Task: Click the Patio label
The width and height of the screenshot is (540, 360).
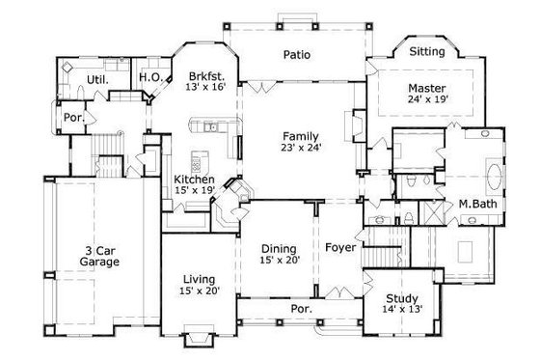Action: [x=296, y=56]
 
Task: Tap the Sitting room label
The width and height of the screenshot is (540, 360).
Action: [x=427, y=50]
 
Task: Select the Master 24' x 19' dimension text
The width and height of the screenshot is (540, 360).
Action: [x=428, y=97]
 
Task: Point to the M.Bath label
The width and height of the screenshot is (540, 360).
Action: [x=476, y=205]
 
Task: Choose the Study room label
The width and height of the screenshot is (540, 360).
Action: [x=401, y=298]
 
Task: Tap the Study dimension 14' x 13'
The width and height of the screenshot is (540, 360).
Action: [x=401, y=311]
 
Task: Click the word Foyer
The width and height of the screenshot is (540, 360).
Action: [x=340, y=248]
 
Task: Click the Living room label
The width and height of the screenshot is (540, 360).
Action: [x=199, y=277]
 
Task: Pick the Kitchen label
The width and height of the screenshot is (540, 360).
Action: [x=194, y=180]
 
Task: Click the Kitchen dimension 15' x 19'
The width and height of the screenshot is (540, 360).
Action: [x=194, y=192]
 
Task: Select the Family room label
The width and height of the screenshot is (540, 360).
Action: [x=297, y=136]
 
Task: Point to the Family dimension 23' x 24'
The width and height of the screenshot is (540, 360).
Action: [x=297, y=150]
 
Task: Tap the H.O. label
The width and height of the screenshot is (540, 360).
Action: [x=148, y=77]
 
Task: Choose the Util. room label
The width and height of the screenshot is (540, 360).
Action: [x=96, y=79]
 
